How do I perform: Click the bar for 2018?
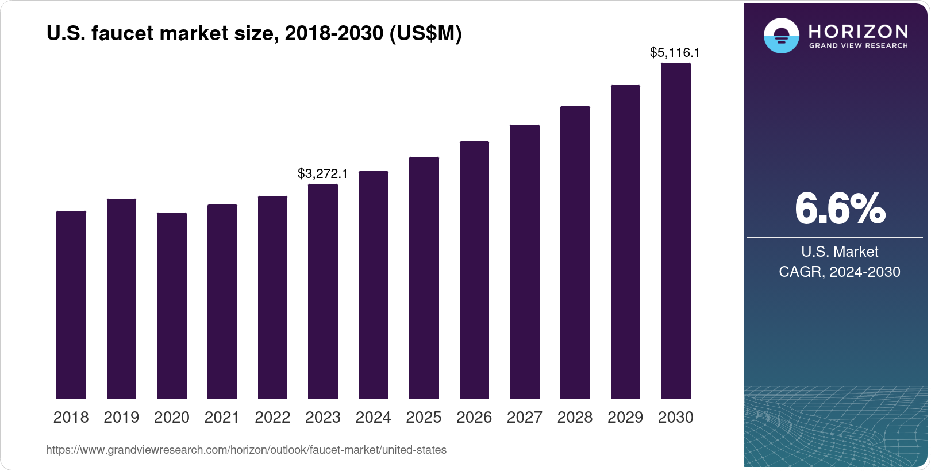[71, 304]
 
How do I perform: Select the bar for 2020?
[172, 306]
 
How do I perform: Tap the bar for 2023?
[323, 291]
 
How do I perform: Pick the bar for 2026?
[474, 270]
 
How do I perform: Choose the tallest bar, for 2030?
[676, 231]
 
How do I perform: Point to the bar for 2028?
[575, 253]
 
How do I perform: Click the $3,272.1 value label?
[322, 173]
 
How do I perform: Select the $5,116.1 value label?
[675, 52]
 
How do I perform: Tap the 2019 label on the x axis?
[121, 418]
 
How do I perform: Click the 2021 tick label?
[222, 418]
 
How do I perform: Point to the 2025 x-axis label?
[424, 418]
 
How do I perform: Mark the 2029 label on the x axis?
[625, 418]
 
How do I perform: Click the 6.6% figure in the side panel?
[840, 209]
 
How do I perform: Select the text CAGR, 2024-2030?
[839, 272]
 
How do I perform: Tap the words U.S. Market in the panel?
[840, 252]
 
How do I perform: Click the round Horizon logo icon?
[781, 36]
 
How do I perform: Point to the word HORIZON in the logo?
[858, 31]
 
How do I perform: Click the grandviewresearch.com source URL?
[246, 450]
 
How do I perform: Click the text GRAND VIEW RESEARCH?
[858, 45]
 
